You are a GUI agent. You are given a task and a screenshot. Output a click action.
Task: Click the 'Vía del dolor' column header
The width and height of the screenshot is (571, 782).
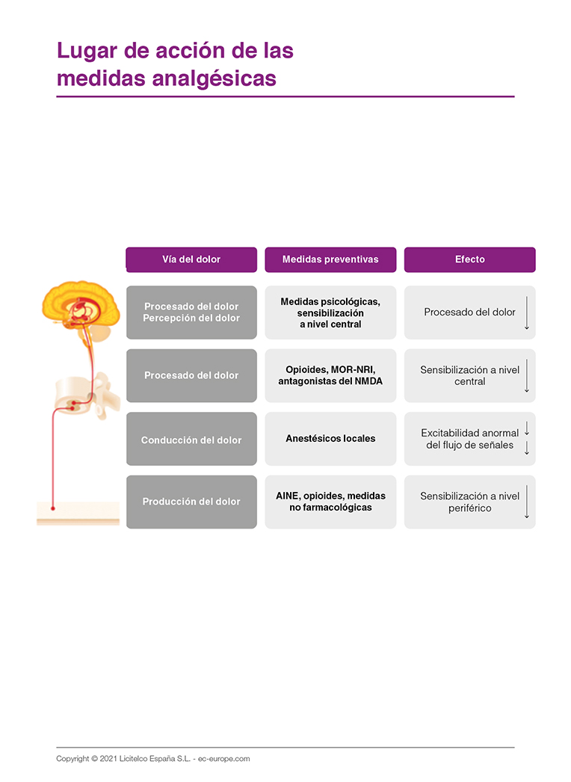(191, 259)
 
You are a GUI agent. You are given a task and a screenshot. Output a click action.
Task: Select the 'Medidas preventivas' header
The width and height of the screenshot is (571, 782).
(330, 259)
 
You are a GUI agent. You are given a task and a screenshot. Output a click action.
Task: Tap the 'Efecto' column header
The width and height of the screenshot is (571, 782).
(469, 259)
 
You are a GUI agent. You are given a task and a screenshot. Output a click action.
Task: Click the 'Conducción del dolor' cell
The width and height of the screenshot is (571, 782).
(191, 440)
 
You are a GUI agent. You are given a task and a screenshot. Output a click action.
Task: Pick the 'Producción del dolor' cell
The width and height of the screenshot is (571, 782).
(191, 502)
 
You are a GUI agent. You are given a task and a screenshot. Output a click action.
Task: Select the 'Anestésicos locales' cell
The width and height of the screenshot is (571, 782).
(330, 439)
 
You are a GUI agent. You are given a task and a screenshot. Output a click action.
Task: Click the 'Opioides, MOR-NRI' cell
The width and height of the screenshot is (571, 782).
(330, 375)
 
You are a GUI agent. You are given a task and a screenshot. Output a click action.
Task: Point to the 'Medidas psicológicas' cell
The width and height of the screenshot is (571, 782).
(330, 313)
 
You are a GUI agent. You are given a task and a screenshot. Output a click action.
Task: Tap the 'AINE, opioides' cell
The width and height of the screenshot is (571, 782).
(330, 502)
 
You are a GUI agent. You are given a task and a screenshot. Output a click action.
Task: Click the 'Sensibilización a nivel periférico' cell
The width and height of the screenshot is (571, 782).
(469, 502)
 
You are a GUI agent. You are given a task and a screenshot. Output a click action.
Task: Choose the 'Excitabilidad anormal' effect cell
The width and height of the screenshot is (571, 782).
(469, 439)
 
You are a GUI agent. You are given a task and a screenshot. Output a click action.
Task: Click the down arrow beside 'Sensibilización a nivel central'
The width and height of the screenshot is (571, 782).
(527, 375)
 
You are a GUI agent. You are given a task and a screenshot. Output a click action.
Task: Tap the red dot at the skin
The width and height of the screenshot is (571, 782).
(53, 508)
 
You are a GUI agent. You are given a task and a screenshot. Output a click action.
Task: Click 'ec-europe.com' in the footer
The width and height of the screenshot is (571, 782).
(224, 759)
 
